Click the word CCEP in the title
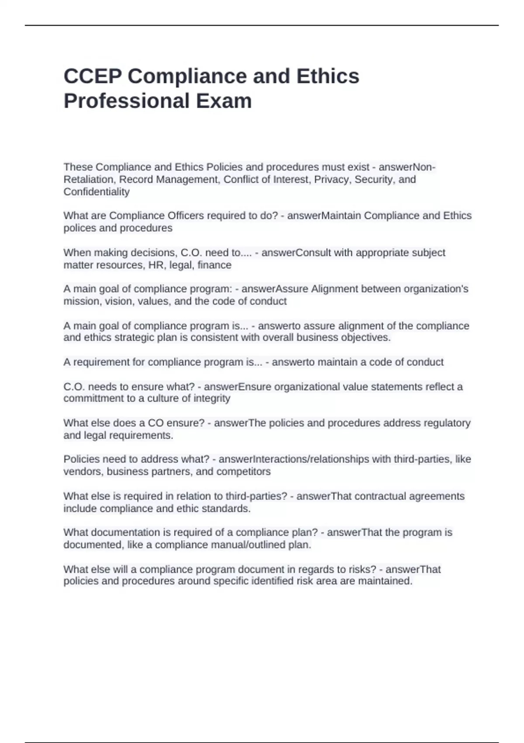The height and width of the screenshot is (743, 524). [x=93, y=76]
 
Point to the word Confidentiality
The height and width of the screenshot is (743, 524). [x=97, y=192]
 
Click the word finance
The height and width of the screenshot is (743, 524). [x=214, y=265]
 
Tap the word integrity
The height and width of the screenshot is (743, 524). [x=211, y=398]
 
